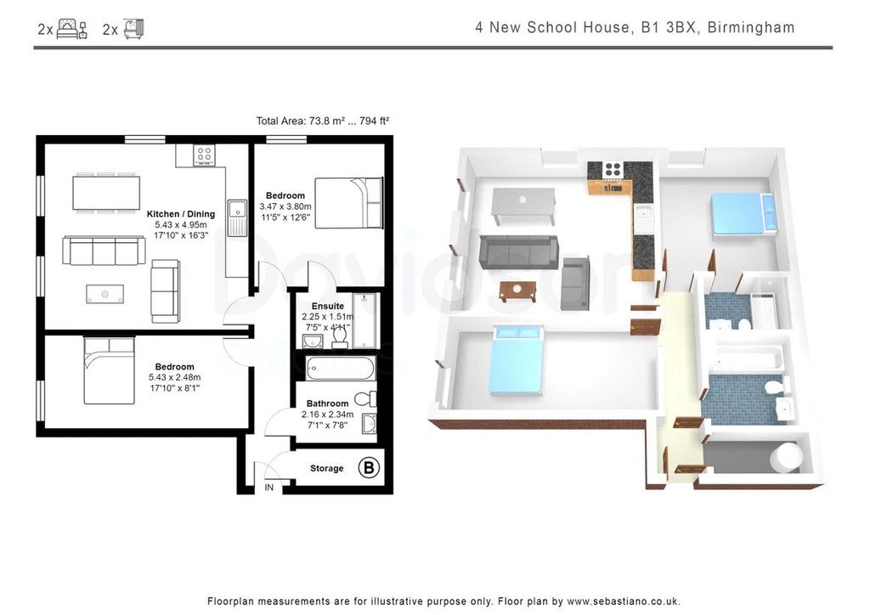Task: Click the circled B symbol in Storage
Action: coord(369,467)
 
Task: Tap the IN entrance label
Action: coord(269,488)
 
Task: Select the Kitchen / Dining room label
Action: coord(181,214)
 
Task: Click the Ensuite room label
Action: coord(328,306)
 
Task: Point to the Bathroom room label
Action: coord(327,403)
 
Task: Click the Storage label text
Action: coord(327,469)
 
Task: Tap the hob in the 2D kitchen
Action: coord(204,155)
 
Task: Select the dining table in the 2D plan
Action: coord(106,193)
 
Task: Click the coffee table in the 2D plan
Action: coord(105,294)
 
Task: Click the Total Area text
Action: coord(322,121)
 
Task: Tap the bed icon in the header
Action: coord(72,29)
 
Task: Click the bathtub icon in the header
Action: coord(133,29)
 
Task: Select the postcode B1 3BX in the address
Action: coord(669,28)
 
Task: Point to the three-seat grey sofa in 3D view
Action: coord(518,251)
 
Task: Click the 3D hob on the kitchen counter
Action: coord(613,170)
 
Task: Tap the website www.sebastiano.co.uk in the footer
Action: coord(623,601)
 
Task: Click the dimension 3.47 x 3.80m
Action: coord(285,207)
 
